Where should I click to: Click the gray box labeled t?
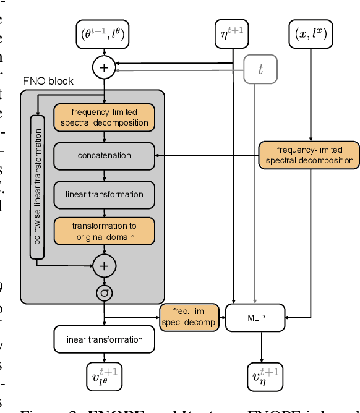(x=260, y=70)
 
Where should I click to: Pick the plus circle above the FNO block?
(x=104, y=67)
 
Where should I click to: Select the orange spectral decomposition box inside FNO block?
(x=104, y=117)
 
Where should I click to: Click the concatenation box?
(x=104, y=156)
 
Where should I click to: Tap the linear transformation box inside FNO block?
(x=104, y=194)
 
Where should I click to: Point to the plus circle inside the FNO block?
(x=104, y=266)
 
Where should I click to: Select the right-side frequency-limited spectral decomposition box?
(x=309, y=155)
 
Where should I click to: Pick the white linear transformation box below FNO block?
(x=104, y=339)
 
